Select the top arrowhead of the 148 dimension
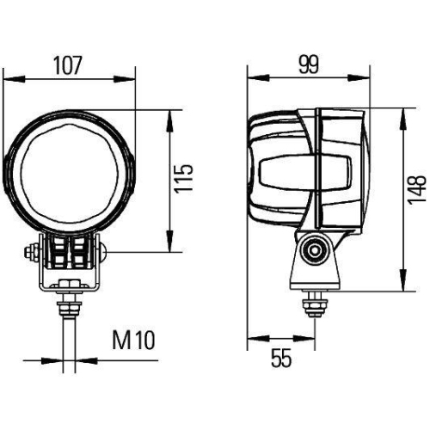coord(402,110)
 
